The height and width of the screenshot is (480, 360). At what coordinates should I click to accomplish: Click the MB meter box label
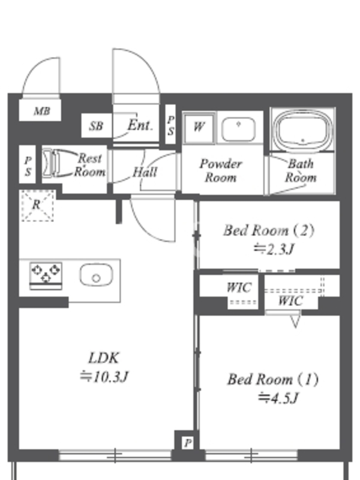tap(41, 111)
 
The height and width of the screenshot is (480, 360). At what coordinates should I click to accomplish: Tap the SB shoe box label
tap(96, 126)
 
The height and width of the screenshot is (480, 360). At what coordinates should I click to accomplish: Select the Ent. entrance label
tap(140, 125)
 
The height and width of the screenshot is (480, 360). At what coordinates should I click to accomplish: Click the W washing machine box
tap(199, 128)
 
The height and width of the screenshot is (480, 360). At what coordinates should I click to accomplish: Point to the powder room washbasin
tap(238, 128)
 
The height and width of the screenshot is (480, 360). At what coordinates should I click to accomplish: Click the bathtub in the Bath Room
tap(303, 130)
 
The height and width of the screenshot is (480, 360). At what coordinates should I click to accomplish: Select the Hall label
tap(145, 172)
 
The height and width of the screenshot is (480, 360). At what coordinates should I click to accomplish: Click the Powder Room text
tap(221, 170)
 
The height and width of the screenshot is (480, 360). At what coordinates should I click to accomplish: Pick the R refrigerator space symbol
tap(38, 205)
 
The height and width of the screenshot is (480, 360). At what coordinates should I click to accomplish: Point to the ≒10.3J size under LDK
tap(103, 377)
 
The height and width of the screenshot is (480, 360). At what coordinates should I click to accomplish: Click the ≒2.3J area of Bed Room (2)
tap(274, 249)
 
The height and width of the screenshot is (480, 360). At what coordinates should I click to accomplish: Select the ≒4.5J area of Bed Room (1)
tap(278, 398)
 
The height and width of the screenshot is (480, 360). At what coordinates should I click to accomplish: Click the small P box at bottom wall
tap(188, 443)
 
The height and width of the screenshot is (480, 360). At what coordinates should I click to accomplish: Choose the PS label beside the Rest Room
tap(28, 166)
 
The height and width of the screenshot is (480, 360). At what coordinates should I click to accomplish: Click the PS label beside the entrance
tap(171, 125)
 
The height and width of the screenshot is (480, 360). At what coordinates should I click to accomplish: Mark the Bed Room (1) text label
tap(273, 379)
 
